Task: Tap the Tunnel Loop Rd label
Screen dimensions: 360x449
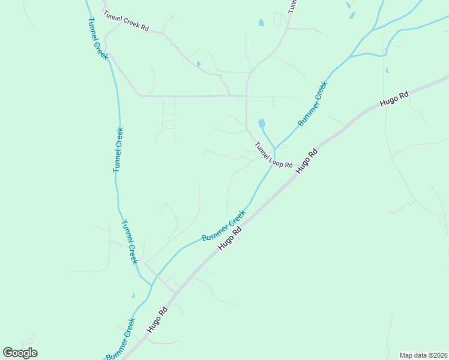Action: point(273,155)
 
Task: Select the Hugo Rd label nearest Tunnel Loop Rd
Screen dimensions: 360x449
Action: point(306,161)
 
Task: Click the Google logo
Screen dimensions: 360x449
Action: point(20,353)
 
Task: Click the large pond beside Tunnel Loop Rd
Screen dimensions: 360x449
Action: point(262,124)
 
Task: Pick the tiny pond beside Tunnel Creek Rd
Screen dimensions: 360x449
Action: point(199,64)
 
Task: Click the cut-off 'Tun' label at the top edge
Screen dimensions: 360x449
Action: point(292,6)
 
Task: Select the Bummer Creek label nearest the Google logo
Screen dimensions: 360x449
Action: point(120,340)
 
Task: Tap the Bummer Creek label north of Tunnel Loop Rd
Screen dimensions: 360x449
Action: point(313,103)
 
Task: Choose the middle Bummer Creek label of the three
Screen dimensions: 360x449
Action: point(223,226)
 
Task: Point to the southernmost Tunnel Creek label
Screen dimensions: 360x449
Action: point(130,242)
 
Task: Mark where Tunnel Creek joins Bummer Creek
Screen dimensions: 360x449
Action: point(151,284)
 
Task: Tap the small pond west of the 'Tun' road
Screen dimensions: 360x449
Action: point(261,23)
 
